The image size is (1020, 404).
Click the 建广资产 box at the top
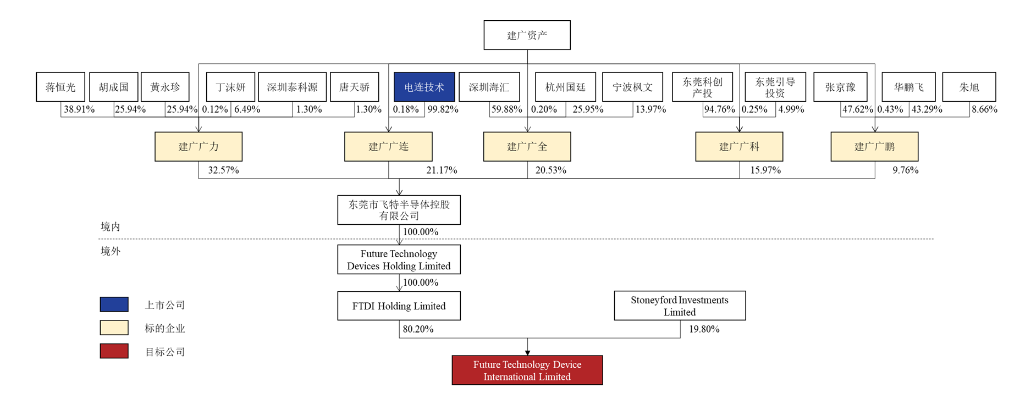[x=527, y=35]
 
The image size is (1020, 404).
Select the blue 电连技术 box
[x=424, y=87]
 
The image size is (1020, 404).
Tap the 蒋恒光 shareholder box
[x=60, y=87]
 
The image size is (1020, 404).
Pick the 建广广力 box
[x=199, y=147]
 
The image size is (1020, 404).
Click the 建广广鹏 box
[x=874, y=147]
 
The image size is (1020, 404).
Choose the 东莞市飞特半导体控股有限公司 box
[x=399, y=210]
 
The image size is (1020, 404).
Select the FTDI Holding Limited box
[x=399, y=306]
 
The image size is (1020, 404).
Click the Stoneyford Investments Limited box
[x=680, y=306]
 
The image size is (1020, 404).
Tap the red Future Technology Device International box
[x=527, y=370]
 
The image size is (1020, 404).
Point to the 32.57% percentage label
[x=223, y=170]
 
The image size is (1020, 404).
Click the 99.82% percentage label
[x=443, y=109]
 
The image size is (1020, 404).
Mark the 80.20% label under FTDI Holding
[x=418, y=329]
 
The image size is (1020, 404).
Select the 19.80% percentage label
[x=704, y=329]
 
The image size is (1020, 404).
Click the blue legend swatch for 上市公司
[x=114, y=305]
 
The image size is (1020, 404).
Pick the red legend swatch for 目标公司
[x=114, y=351]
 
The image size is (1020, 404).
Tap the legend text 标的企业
[x=164, y=329]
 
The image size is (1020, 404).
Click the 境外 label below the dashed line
[x=110, y=251]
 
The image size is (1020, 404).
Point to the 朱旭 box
[x=969, y=87]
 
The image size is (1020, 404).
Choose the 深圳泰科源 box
[x=292, y=87]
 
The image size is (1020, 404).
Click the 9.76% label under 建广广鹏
[x=905, y=170]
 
